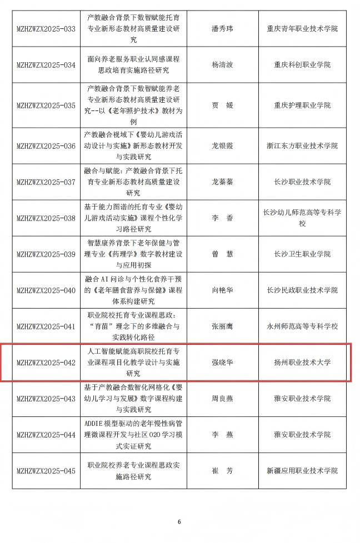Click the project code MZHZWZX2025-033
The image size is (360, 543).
coord(46,29)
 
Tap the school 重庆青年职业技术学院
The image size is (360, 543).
coord(302,29)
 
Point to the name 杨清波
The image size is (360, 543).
coord(222,65)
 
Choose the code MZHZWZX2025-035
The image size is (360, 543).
coord(46,105)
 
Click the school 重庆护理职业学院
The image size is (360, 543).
coord(302,105)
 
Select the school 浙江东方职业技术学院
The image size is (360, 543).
coord(302,145)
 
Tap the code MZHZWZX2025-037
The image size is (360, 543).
coord(46,182)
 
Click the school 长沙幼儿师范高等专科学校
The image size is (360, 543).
coord(302,218)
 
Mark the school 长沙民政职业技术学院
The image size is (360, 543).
coord(302,290)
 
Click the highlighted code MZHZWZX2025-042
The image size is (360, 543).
coord(46,363)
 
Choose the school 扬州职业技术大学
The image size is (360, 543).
coord(302,363)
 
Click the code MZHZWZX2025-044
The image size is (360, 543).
coord(46,435)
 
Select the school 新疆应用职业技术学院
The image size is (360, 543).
coord(302,471)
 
